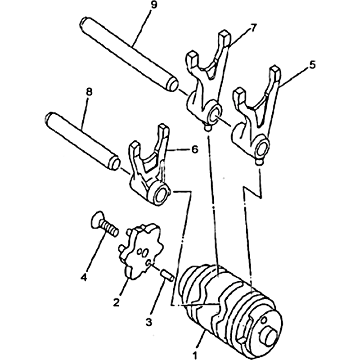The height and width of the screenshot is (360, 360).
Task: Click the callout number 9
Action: (x=153, y=4)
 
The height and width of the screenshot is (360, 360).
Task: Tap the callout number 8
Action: (x=89, y=92)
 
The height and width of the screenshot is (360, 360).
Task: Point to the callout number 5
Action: (x=311, y=65)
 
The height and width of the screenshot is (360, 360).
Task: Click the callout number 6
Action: (x=194, y=149)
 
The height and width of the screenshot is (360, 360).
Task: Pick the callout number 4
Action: (x=84, y=277)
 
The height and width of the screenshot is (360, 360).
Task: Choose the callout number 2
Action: (x=116, y=302)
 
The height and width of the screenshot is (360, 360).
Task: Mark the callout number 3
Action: (x=149, y=322)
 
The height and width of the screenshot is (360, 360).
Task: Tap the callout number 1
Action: (x=195, y=356)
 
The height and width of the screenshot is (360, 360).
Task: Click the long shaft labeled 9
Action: (x=129, y=54)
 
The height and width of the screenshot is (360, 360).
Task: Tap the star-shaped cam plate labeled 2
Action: (x=140, y=251)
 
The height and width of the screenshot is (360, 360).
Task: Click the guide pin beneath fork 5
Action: (x=259, y=162)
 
